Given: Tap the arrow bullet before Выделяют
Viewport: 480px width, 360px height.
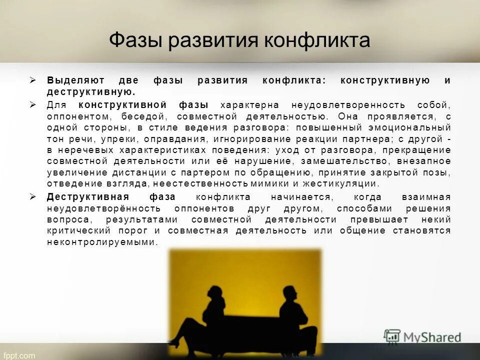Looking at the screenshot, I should tap(33, 80).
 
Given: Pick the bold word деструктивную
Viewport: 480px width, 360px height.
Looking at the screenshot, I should tap(91, 92).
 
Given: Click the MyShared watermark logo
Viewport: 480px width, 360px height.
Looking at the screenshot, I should tap(422, 336).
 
